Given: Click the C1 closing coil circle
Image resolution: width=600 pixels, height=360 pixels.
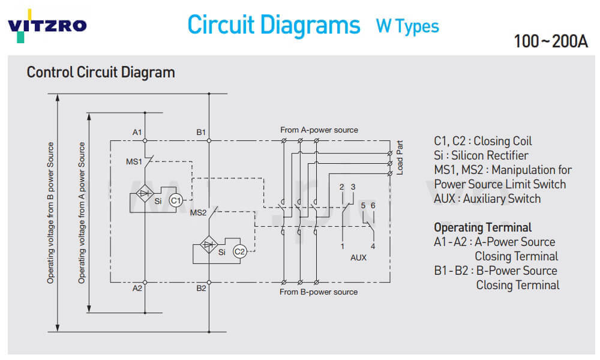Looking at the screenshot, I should click(175, 201).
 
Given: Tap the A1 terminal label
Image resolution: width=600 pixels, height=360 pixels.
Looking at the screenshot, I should click(137, 132).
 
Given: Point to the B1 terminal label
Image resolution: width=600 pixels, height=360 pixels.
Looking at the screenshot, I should click(201, 132).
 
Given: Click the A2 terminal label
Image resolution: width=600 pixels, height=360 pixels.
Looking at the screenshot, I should click(137, 289).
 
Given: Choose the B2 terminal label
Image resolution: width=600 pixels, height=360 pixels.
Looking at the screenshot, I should click(201, 289).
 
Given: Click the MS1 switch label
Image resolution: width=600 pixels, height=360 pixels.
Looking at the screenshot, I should click(134, 162).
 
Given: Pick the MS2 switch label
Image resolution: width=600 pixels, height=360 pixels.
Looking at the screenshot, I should click(198, 212).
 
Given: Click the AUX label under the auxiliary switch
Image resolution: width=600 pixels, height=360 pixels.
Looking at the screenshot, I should click(358, 257).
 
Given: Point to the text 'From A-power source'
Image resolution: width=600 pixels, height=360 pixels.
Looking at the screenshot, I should click(319, 130).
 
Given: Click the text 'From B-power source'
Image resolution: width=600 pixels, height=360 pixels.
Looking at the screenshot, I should click(319, 292).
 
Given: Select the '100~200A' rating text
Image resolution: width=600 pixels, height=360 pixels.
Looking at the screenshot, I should click(550, 41).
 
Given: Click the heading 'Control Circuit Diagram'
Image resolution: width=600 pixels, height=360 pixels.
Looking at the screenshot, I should click(101, 73).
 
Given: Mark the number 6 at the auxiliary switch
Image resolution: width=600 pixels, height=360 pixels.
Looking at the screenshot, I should click(373, 206).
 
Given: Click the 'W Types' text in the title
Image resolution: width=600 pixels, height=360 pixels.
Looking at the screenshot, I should click(407, 26).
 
